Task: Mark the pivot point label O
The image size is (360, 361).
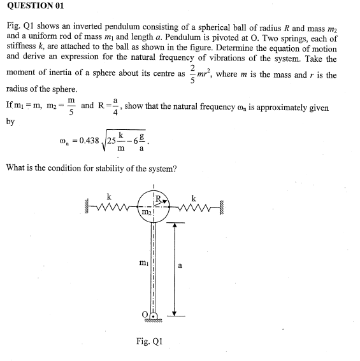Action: point(145,314)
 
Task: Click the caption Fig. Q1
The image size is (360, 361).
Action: point(150,341)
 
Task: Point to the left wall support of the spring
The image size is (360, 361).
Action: point(88,206)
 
